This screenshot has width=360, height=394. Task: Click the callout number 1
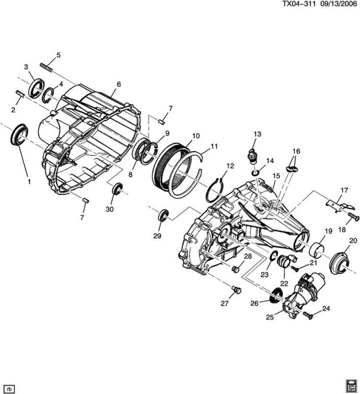[x=29, y=182]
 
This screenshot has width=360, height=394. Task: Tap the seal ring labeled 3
[x=37, y=88]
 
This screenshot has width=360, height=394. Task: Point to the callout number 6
[x=119, y=84]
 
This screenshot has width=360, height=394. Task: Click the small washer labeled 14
[x=255, y=173]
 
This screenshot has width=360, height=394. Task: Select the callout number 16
[x=296, y=151]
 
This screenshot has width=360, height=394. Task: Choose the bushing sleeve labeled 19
[x=317, y=250]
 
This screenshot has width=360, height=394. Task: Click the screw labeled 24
[x=308, y=315]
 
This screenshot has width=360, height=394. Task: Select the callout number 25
[x=270, y=317]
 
